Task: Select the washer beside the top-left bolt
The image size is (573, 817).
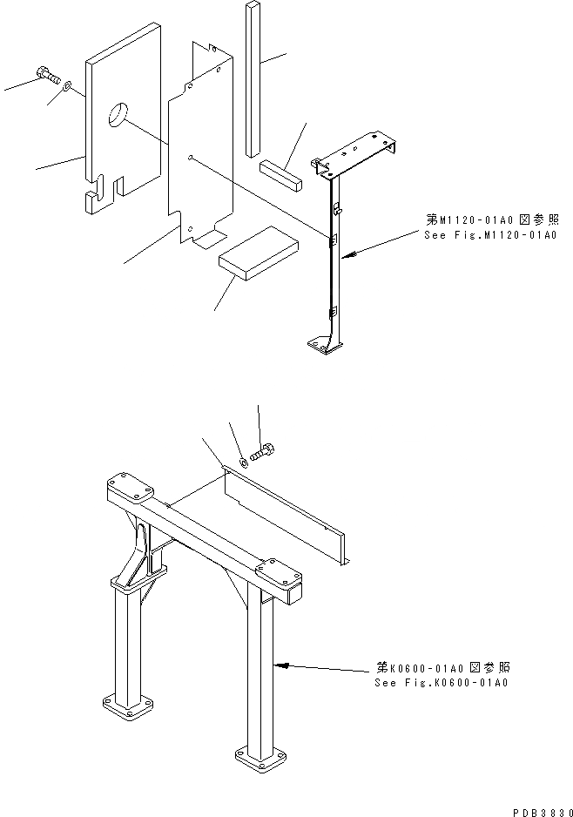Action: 68,87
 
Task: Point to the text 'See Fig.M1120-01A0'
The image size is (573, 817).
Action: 489,235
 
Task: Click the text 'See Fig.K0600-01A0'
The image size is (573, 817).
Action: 441,682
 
